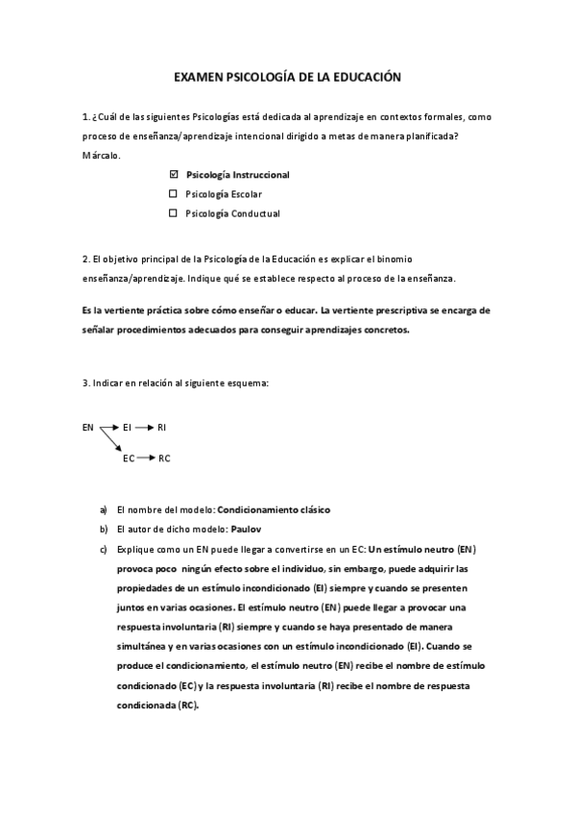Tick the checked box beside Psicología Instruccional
(174, 175)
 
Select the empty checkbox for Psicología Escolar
(174, 194)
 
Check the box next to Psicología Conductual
(174, 213)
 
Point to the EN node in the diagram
(88, 427)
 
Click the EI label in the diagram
(128, 427)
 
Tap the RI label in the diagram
(162, 427)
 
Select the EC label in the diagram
(129, 458)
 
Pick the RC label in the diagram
(164, 458)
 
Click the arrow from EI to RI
(144, 427)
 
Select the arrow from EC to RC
(146, 458)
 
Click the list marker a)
(104, 509)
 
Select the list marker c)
(104, 548)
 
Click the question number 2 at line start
(86, 259)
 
